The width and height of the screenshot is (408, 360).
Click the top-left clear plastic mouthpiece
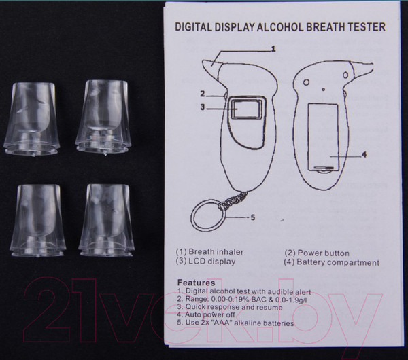click(31, 119)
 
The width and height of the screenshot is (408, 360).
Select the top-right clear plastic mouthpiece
click(103, 117)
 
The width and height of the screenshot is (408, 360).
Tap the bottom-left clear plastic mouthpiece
click(38, 221)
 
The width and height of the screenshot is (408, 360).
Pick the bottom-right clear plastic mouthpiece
click(107, 221)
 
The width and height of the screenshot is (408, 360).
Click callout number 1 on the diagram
click(273, 49)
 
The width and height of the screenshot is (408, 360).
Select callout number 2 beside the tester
click(203, 94)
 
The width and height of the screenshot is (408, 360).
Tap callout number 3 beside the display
click(203, 107)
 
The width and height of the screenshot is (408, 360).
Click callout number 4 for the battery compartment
click(364, 155)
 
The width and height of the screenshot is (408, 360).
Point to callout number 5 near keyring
click(253, 217)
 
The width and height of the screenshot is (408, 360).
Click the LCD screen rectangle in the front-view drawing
click(246, 109)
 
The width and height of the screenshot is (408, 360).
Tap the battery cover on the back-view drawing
click(324, 137)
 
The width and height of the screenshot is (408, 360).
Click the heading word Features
click(197, 283)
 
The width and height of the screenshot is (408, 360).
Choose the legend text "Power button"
click(324, 253)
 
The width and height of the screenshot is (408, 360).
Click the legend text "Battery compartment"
click(338, 262)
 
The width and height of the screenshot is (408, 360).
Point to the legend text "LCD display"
click(211, 262)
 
